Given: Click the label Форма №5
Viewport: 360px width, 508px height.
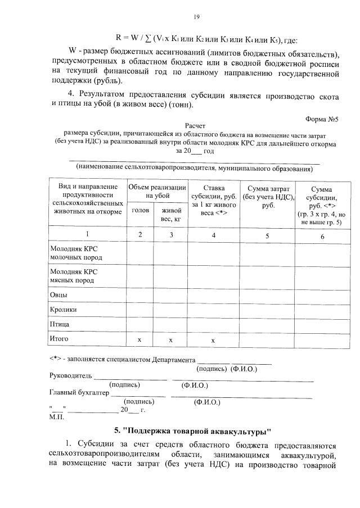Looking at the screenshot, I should tap(324, 120).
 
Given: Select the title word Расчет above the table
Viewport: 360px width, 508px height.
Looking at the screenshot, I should tap(196, 128).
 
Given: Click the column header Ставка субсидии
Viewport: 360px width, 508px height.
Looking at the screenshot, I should tap(214, 200).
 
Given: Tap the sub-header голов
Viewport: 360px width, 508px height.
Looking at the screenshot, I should tap(140, 210).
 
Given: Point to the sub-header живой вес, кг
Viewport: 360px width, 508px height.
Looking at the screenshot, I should tap(171, 214).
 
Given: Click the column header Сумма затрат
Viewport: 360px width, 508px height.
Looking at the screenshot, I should tap(267, 196).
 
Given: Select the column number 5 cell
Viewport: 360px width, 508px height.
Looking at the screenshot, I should tap(267, 235).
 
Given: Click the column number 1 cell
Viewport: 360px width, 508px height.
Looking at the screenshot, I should tap(87, 235).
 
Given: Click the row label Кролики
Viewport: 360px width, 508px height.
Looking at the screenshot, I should tap(64, 309).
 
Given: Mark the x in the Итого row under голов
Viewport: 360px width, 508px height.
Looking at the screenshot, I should tap(140, 340).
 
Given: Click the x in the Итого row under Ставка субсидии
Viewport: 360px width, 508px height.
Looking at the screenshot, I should tap(214, 340).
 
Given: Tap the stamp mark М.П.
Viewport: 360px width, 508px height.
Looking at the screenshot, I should tap(57, 417).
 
